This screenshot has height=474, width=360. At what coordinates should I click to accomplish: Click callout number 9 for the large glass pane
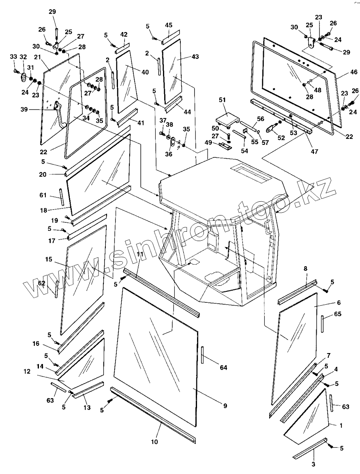tap(225, 405)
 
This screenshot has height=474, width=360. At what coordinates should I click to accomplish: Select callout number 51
tap(222, 100)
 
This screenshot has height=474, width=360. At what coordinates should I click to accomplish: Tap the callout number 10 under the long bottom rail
tap(154, 441)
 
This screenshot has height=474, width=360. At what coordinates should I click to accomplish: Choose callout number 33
tap(13, 56)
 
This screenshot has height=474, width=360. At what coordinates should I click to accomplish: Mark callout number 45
tap(168, 26)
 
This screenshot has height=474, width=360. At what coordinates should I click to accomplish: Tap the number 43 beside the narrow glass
tap(195, 57)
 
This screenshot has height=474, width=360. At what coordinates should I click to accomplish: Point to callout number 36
tap(169, 154)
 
